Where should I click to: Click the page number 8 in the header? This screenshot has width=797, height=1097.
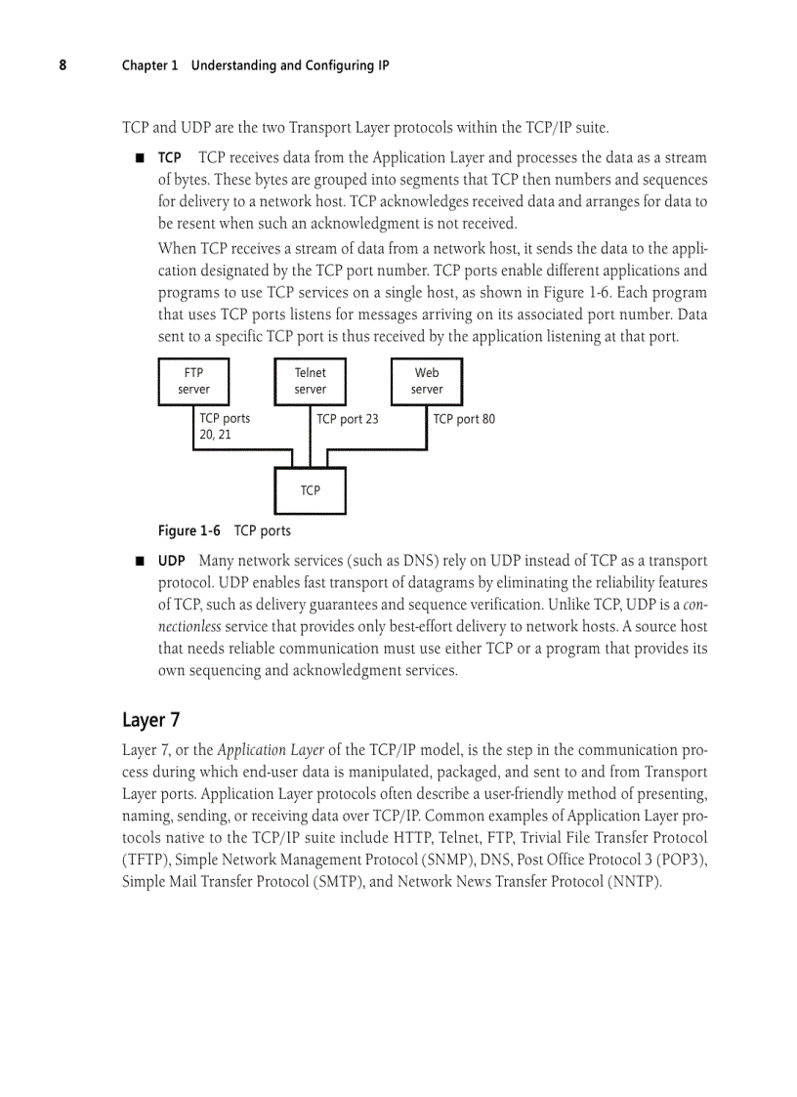pyautogui.click(x=63, y=65)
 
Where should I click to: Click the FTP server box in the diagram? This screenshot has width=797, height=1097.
pyautogui.click(x=193, y=381)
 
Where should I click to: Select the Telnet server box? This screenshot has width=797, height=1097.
pyautogui.click(x=310, y=381)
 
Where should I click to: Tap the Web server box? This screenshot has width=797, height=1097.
pyautogui.click(x=427, y=381)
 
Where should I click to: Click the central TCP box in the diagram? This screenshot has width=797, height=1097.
pyautogui.click(x=310, y=490)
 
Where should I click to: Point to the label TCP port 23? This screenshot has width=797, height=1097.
pyautogui.click(x=347, y=419)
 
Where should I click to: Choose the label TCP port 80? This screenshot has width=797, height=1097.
pyautogui.click(x=464, y=419)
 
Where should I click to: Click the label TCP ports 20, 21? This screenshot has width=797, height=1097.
pyautogui.click(x=224, y=426)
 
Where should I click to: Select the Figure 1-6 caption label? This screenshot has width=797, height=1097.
pyautogui.click(x=189, y=530)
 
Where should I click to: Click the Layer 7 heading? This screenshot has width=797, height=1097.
pyautogui.click(x=150, y=720)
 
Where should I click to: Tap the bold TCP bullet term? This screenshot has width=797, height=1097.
pyautogui.click(x=169, y=158)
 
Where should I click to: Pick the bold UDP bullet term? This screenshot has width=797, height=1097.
pyautogui.click(x=172, y=562)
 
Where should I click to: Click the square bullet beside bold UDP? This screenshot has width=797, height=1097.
pyautogui.click(x=140, y=562)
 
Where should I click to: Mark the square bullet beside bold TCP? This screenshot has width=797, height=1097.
pyautogui.click(x=140, y=158)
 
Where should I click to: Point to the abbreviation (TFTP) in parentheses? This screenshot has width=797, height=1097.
pyautogui.click(x=146, y=861)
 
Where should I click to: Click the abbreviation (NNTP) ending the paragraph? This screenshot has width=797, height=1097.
pyautogui.click(x=635, y=882)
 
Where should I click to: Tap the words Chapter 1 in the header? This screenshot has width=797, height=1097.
pyautogui.click(x=149, y=65)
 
